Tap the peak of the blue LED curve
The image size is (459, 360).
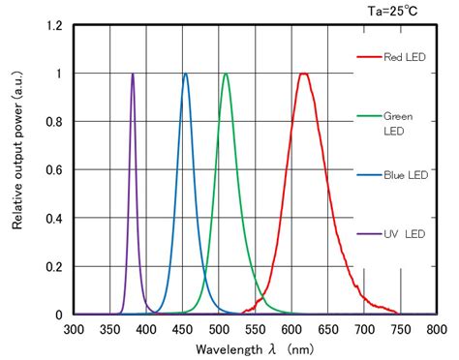pos(185,75)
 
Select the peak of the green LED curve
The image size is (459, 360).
pos(226,75)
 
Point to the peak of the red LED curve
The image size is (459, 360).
pos(304,75)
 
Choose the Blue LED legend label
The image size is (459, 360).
pos(405,175)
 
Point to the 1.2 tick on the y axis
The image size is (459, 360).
pos(55,25)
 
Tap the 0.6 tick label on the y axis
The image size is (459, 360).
pos(55,170)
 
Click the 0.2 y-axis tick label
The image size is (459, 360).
pos(55,267)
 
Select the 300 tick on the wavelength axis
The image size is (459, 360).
pos(74,329)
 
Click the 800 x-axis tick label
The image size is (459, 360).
pos(436,329)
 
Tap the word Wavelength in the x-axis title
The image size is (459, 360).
pos(227,348)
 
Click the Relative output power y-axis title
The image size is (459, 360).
pos(17,169)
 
